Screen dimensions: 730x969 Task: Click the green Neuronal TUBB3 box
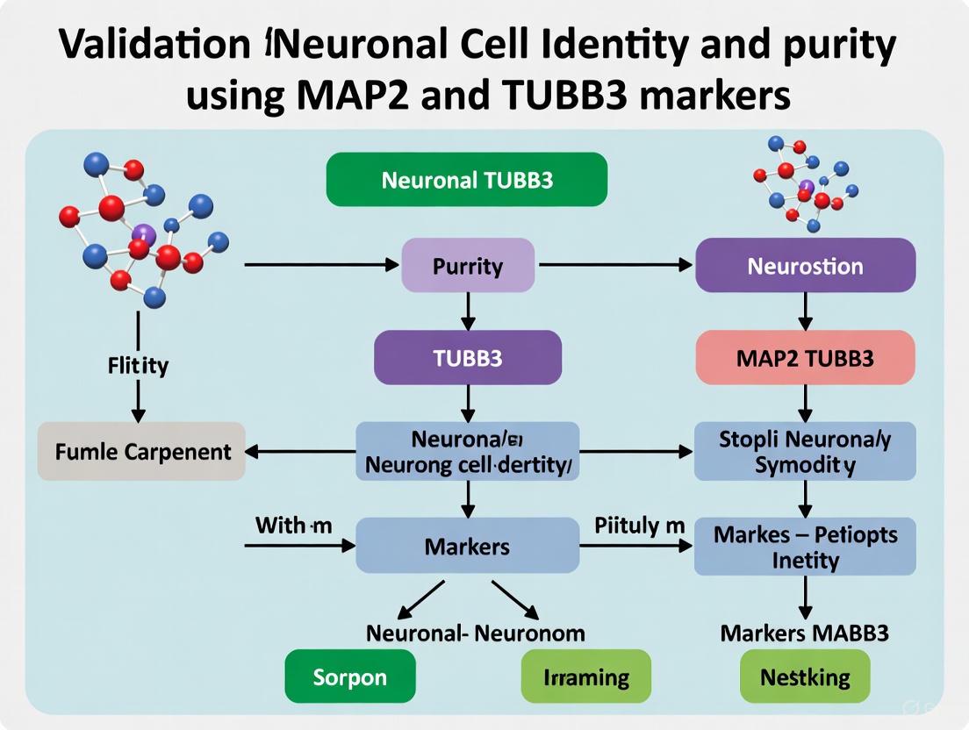[x=466, y=180]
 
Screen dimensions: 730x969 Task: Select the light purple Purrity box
[x=467, y=265]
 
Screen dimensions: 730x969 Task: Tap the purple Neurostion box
[x=805, y=265]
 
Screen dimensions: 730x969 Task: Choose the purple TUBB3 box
[x=467, y=357]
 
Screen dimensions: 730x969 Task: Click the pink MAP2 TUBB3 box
[x=805, y=357]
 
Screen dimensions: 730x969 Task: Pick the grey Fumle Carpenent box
[x=142, y=451]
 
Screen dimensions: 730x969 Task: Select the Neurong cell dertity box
[x=467, y=451]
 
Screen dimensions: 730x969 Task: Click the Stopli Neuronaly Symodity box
[x=805, y=451]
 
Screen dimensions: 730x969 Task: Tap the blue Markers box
[x=467, y=546]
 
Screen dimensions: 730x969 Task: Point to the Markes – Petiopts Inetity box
[x=805, y=546]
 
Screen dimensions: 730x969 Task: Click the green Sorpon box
[x=349, y=677]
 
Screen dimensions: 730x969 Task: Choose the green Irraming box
[x=586, y=677]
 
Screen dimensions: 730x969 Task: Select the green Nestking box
[x=805, y=677]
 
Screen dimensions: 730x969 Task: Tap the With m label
[x=293, y=525]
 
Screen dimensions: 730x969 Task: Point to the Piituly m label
[x=639, y=525]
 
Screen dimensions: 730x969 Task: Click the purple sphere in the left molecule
[x=144, y=233]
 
